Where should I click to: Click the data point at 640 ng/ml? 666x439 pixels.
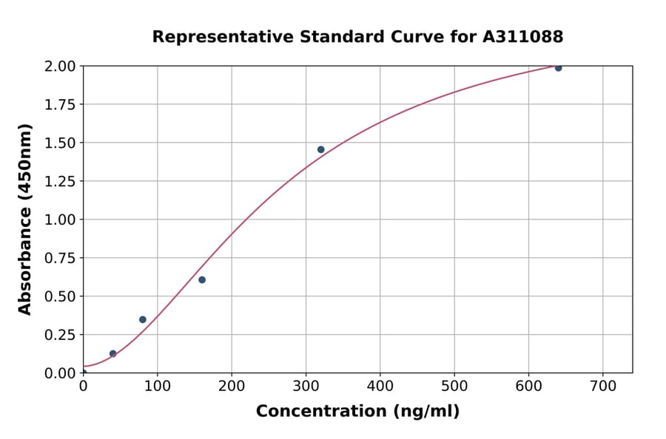[x=558, y=68]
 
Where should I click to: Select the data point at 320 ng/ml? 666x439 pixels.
[x=320, y=149]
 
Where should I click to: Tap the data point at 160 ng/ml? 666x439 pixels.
[x=202, y=279]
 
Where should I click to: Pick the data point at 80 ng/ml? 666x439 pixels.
[x=143, y=319]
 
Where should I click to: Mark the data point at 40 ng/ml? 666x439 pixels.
[x=112, y=353]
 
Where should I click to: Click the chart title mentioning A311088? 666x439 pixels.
[x=357, y=37]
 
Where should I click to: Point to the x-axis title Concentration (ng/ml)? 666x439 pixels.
[x=357, y=412]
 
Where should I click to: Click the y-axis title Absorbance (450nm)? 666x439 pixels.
[x=25, y=219]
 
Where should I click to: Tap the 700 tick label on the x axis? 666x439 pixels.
[x=602, y=386]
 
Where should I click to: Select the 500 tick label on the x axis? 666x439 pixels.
[x=454, y=386]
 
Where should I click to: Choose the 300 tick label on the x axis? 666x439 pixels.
[x=306, y=386]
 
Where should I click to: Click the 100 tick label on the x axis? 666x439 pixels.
[x=157, y=386]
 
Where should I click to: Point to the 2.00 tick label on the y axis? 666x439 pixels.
[x=61, y=67]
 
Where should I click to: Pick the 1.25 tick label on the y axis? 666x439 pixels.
[x=61, y=181]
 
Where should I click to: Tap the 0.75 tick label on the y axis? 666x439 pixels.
[x=61, y=258]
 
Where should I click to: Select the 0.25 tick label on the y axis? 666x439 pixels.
[x=61, y=335]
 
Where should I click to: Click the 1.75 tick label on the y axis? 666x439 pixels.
[x=61, y=105]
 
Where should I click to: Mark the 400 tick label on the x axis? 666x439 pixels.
[x=380, y=386]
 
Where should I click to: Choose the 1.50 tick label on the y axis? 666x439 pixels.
[x=61, y=143]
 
